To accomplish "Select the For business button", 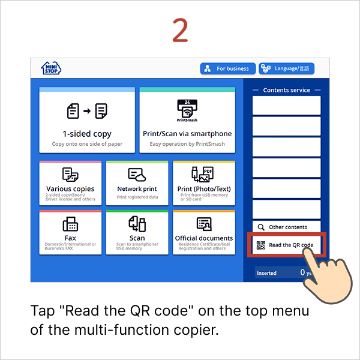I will pos(228,69).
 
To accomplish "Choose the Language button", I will pos(286,69).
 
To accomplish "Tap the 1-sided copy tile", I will pos(87,120).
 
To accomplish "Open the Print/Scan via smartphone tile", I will pos(187,120).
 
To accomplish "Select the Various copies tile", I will pos(70,182).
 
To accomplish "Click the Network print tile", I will pos(137,182).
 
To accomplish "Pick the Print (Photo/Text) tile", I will pos(204,182).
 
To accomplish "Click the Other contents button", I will pos(286,227).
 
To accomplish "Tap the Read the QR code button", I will pos(286,245).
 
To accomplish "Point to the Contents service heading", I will pos(286,90).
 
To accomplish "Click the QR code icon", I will pos(261,245).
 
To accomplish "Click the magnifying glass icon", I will pos(261,227).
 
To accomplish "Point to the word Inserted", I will pos(267,273).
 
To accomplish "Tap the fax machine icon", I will pos(70,224).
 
